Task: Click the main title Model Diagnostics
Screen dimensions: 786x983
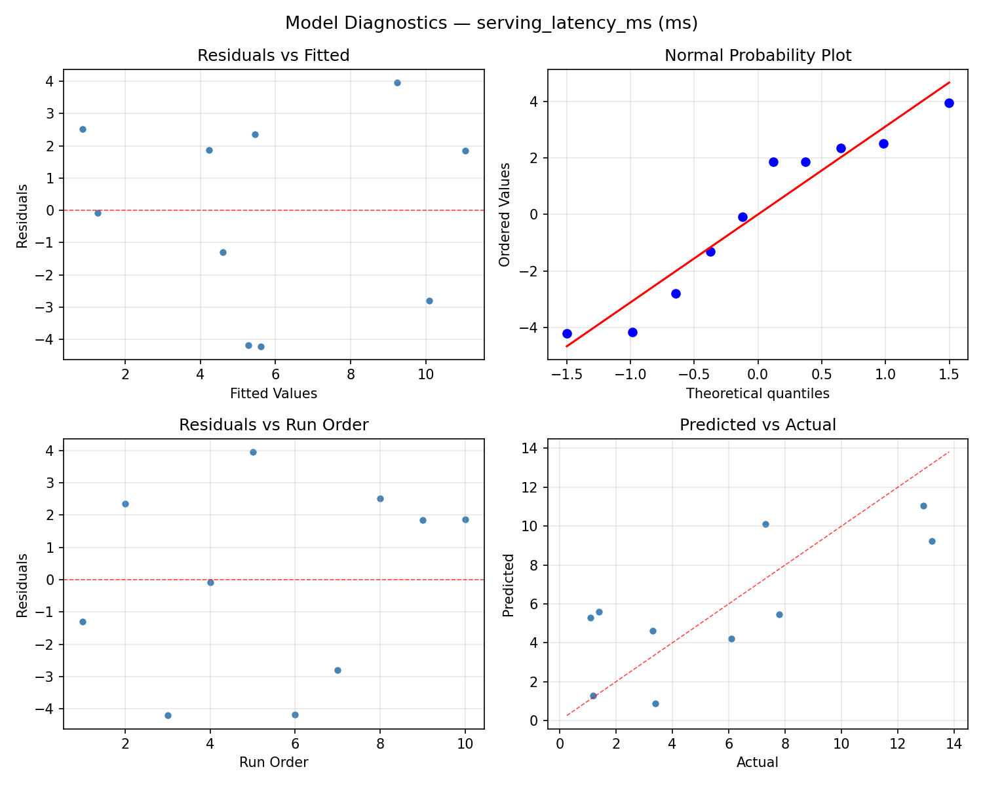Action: pyautogui.click(x=491, y=24)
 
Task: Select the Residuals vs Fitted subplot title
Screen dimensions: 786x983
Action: pyautogui.click(x=273, y=56)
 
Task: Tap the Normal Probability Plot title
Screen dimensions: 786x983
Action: pyautogui.click(x=758, y=56)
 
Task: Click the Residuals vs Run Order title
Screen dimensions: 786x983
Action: pyautogui.click(x=273, y=425)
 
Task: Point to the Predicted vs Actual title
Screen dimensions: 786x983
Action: pyautogui.click(x=758, y=425)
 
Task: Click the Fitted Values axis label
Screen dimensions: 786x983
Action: pyautogui.click(x=273, y=394)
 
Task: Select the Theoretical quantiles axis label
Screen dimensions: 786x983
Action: pyautogui.click(x=758, y=394)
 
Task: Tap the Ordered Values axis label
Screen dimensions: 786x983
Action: pyautogui.click(x=504, y=215)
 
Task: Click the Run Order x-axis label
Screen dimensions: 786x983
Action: pyautogui.click(x=273, y=762)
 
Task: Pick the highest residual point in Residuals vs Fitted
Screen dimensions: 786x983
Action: pyautogui.click(x=397, y=83)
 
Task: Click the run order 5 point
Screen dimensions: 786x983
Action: pyautogui.click(x=253, y=452)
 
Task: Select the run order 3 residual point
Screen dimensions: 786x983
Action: pyautogui.click(x=168, y=715)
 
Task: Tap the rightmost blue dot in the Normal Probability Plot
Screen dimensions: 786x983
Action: pyautogui.click(x=949, y=103)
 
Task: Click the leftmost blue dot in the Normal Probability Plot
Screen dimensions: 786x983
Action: pyautogui.click(x=567, y=333)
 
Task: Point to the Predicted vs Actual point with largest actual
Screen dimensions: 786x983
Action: pyautogui.click(x=932, y=541)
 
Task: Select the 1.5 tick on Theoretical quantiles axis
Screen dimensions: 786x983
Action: pyautogui.click(x=949, y=374)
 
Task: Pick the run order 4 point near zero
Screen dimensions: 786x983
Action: pyautogui.click(x=210, y=582)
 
